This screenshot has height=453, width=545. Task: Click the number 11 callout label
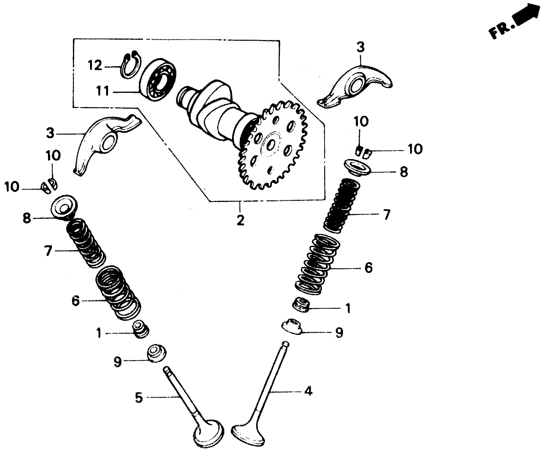(103, 91)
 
